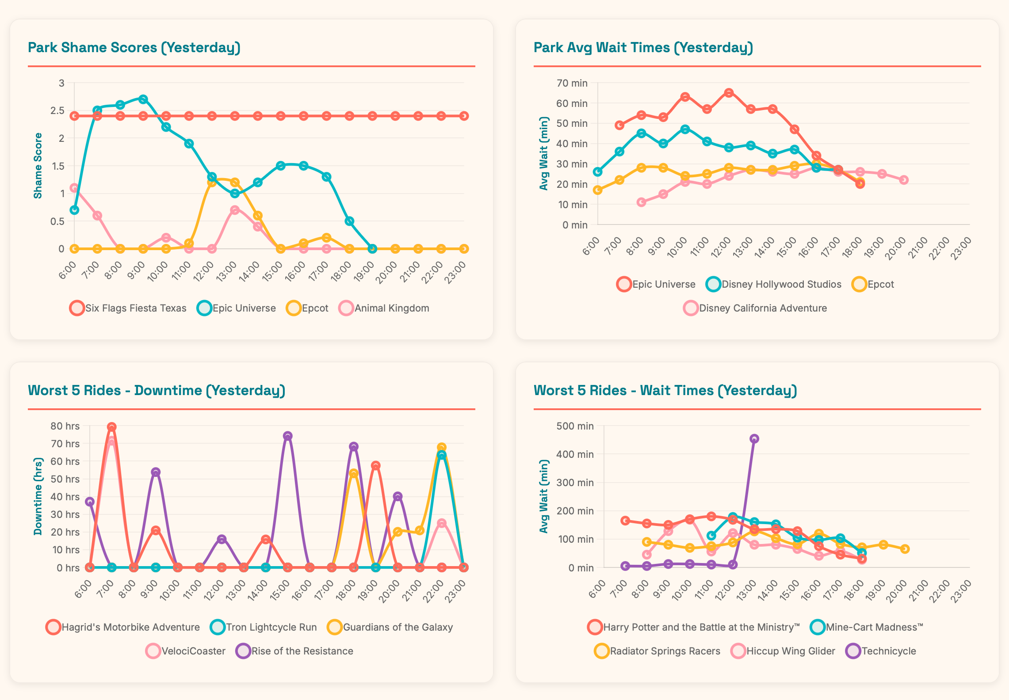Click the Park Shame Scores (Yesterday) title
pos(134,47)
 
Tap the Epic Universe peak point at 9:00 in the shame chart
pos(143,99)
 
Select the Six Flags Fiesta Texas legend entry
pos(128,308)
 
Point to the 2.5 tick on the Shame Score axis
pos(57,110)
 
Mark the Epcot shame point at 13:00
pos(235,183)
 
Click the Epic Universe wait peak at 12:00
pos(729,93)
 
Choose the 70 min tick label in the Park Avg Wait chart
pos(572,83)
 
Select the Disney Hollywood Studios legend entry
pos(774,284)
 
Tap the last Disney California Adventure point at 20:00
pos(904,180)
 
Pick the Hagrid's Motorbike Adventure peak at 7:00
pos(111,427)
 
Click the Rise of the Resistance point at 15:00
pos(287,436)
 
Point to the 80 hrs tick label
pos(65,426)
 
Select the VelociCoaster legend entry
pos(186,651)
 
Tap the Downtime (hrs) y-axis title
pos(38,496)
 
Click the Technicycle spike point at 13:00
pos(754,439)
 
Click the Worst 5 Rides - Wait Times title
pos(665,390)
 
